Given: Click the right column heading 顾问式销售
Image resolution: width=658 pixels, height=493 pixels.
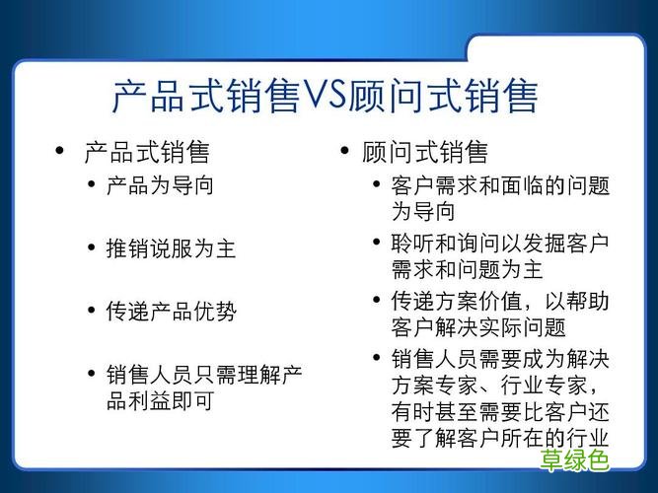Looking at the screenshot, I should (x=425, y=153).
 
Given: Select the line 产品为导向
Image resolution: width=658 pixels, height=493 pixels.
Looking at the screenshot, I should (x=160, y=185).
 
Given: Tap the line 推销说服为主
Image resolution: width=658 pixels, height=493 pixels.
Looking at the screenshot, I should (x=171, y=248).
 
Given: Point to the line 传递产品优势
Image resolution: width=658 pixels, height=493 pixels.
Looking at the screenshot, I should (x=171, y=312).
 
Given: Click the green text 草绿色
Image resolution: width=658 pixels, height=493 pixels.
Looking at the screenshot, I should (x=575, y=460).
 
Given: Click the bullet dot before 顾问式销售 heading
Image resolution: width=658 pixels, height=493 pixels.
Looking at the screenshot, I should (x=344, y=152).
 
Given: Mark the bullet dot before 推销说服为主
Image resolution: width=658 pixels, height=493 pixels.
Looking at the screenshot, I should (x=92, y=248).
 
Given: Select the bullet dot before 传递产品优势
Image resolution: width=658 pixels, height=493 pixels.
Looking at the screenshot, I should (x=92, y=312).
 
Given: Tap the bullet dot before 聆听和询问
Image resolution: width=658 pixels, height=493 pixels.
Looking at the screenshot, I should (x=377, y=243).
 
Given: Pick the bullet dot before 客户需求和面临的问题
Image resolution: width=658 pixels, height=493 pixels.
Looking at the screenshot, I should (x=377, y=185).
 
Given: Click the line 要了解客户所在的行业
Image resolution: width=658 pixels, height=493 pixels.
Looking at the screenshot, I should (x=500, y=437).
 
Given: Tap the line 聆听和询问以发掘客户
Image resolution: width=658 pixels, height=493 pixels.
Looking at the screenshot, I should (x=500, y=243).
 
